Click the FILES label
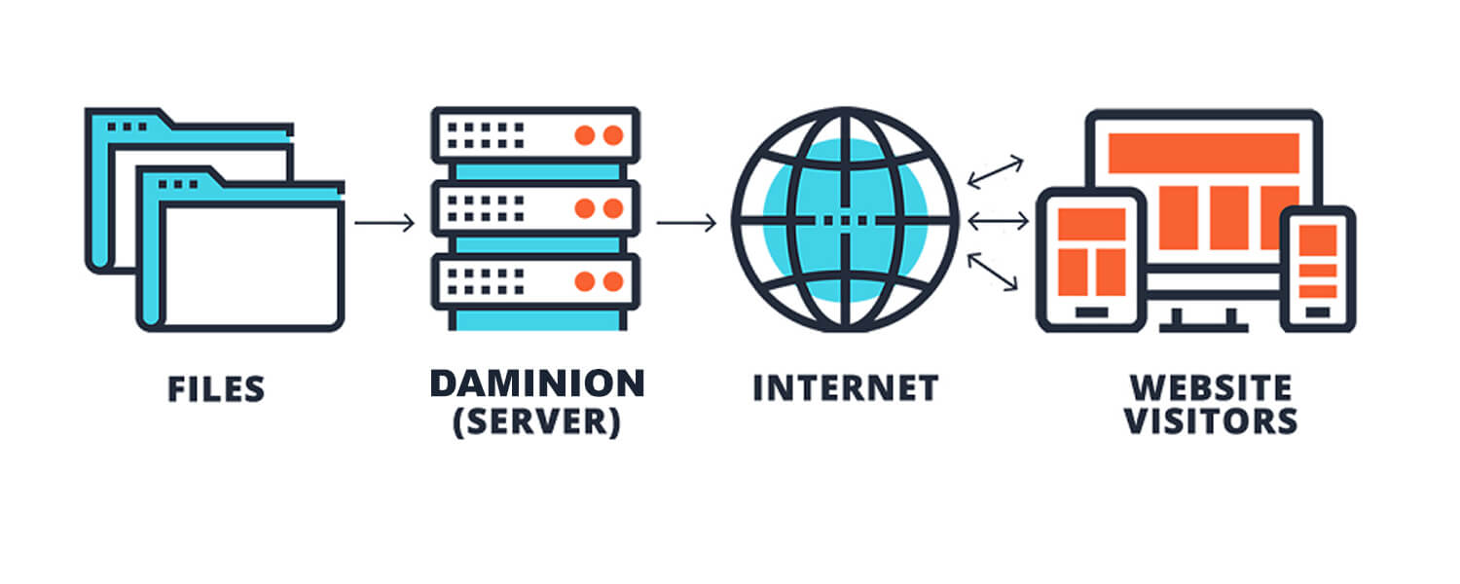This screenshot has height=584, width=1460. [x=216, y=388]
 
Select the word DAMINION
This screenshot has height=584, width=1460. [x=536, y=383]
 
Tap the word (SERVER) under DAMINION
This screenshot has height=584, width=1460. [x=536, y=423]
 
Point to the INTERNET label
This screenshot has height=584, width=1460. [x=845, y=387]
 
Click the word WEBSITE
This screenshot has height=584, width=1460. [x=1211, y=387]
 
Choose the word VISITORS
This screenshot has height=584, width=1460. [x=1211, y=421]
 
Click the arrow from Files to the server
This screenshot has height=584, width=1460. [x=384, y=224]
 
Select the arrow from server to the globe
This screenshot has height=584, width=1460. [x=686, y=224]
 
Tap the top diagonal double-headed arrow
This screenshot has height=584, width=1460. [x=995, y=171]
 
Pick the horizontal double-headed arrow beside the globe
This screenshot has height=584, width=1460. [x=998, y=223]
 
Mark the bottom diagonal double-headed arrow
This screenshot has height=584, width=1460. [x=994, y=273]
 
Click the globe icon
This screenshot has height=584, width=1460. [x=845, y=221]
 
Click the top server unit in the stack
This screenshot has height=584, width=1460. [x=534, y=135]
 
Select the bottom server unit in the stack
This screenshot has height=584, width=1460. [x=534, y=281]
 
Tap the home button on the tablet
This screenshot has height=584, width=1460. [x=1090, y=312]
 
